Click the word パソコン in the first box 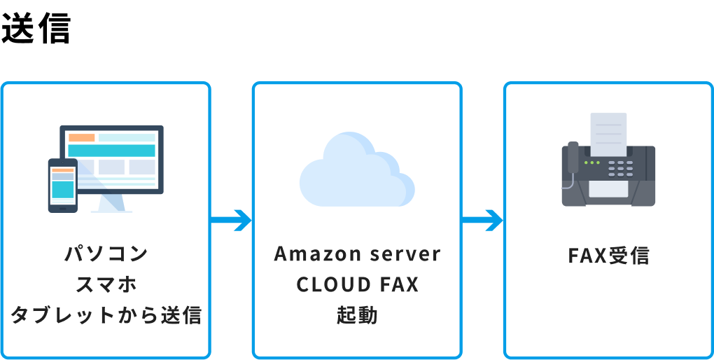coord(106,254)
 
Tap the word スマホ coord(106,284)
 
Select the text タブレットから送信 coord(106,315)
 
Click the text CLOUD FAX coord(357,284)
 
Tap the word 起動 coord(357,315)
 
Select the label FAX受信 coord(608,256)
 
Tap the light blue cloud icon coord(357,172)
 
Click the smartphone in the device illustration coord(62,185)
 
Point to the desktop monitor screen coord(112,158)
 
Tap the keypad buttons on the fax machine coord(620,168)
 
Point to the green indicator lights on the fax coord(592,162)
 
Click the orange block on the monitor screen coord(82,137)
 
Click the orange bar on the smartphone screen coord(62,170)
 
